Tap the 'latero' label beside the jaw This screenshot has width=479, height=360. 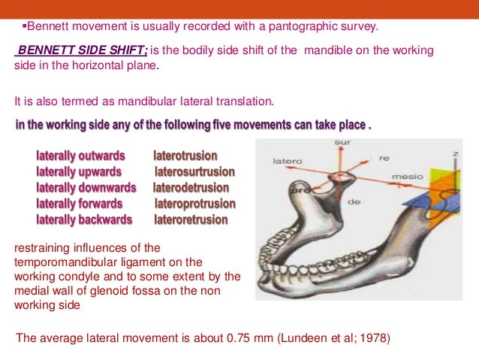click(288, 161)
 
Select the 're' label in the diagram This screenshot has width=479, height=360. click(384, 159)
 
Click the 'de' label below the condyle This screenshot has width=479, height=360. click(354, 201)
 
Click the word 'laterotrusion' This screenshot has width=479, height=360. click(185, 156)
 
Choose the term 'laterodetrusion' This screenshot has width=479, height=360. click(191, 187)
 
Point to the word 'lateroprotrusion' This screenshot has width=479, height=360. click(194, 204)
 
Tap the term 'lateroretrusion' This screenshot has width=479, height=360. click(191, 219)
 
